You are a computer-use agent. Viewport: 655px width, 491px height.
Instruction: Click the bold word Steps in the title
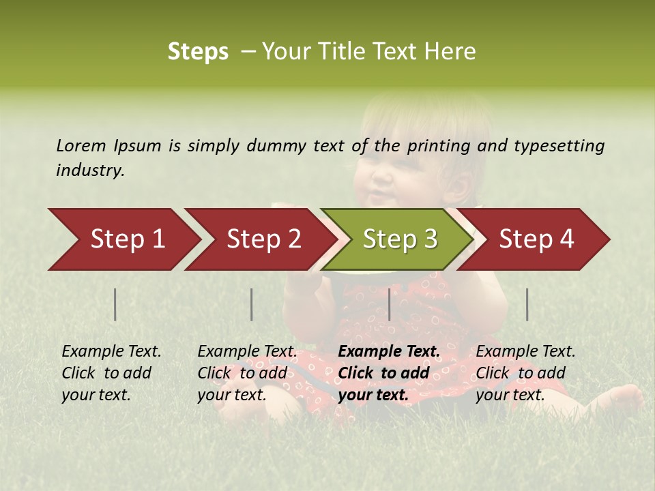coord(198,52)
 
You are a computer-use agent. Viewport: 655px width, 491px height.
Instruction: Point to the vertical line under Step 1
coord(115,304)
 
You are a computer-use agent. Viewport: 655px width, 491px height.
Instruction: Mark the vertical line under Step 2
coord(252,304)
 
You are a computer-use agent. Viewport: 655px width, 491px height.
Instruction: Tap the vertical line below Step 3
coord(390,304)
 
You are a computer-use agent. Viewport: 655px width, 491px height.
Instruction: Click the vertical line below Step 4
coord(527,304)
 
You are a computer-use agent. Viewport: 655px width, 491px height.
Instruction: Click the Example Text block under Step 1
coord(111,373)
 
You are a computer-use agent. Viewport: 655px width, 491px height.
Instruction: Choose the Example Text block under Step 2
coord(247,373)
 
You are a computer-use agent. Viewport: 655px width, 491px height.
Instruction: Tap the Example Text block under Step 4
coord(525,373)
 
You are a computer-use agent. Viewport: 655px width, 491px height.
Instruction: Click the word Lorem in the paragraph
coord(81,146)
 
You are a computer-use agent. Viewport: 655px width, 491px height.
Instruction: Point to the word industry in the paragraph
coord(90,170)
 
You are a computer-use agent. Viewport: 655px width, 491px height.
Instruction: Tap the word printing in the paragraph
coord(439,146)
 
